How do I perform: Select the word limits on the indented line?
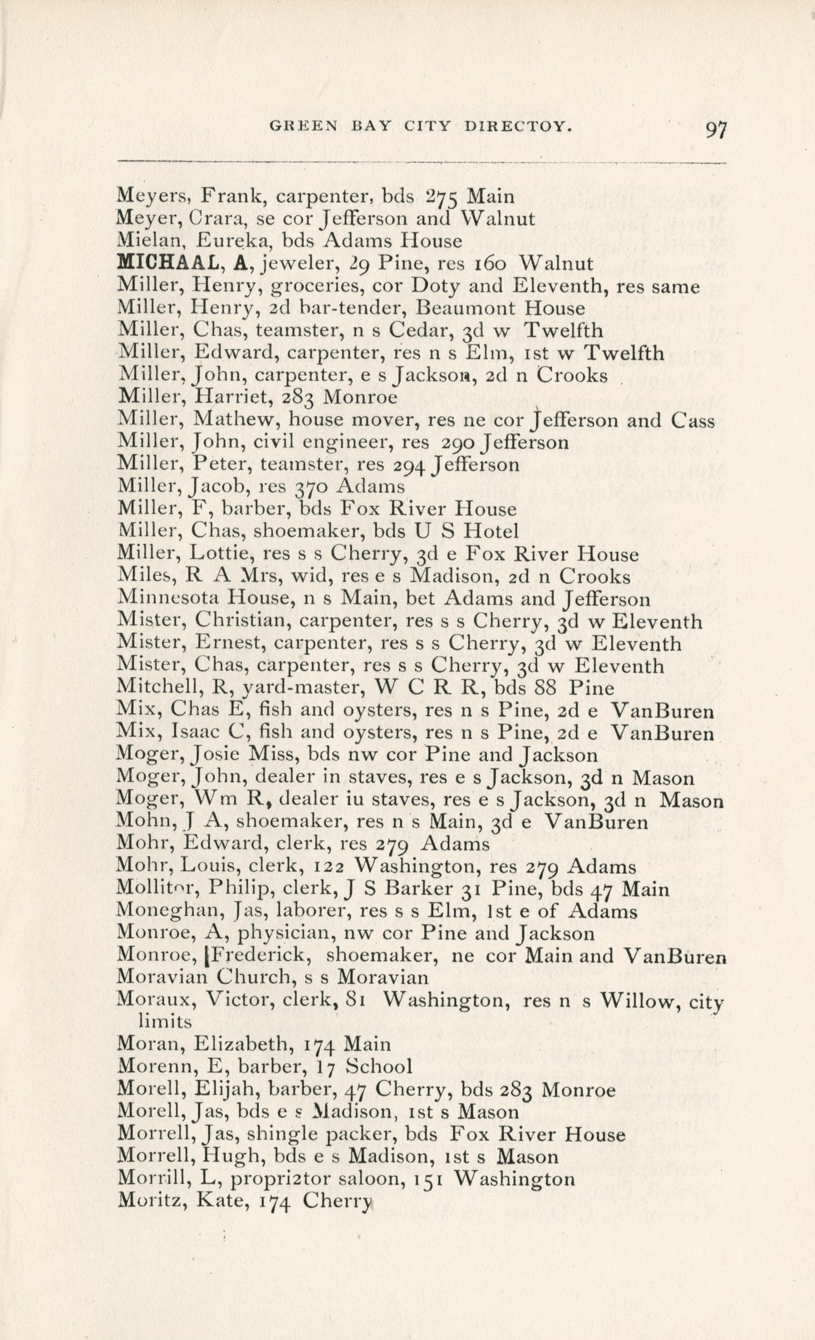(x=165, y=1022)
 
